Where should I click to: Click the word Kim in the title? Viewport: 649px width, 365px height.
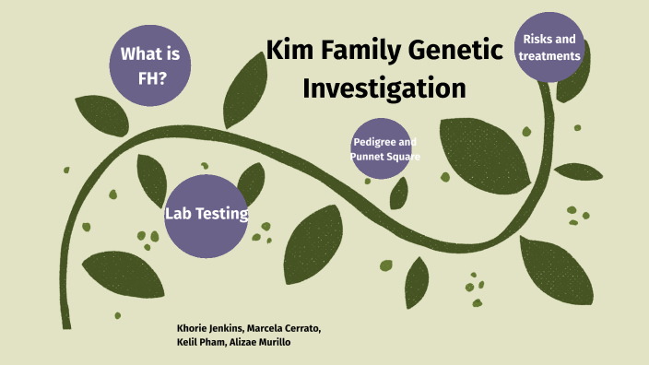pos(294,50)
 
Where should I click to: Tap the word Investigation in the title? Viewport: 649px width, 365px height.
pos(384,89)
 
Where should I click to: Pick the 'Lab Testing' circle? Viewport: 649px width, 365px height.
pos(206,214)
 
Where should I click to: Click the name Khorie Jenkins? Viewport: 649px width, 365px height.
pos(210,328)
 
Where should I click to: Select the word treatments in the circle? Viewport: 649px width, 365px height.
pos(549,55)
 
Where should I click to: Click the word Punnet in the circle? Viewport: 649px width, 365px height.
pos(367,157)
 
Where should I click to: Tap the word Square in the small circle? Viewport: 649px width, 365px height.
pos(405,157)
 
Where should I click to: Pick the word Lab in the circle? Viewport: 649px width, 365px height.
pos(178,214)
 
